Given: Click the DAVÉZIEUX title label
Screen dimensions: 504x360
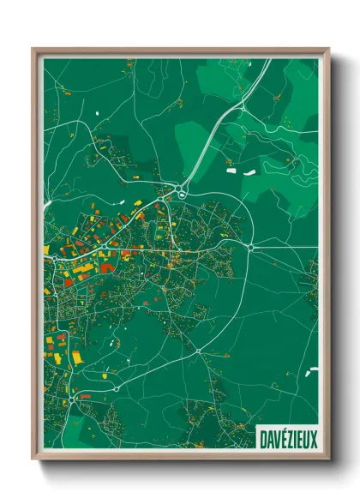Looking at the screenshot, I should click(x=288, y=439).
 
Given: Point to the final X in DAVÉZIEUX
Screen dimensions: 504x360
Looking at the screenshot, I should click(x=313, y=439).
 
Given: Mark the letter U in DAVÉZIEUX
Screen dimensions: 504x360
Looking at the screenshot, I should click(x=306, y=439).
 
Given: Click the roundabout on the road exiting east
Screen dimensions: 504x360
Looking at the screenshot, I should click(x=249, y=247).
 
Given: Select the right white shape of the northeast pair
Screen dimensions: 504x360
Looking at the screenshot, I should click(x=249, y=173).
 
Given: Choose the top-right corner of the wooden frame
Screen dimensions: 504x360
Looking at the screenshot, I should click(x=327, y=50).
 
